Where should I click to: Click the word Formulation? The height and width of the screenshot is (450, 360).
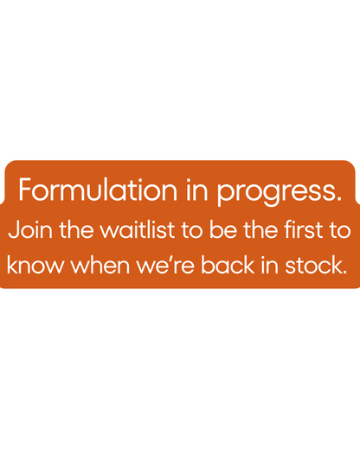98,190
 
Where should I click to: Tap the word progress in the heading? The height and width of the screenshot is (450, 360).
277,192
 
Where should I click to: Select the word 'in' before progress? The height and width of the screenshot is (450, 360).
197,190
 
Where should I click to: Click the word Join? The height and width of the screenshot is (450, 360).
30,229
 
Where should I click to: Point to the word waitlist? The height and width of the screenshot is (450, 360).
138,229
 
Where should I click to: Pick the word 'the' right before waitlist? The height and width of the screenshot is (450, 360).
76,229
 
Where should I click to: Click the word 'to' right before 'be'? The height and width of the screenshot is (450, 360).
192,230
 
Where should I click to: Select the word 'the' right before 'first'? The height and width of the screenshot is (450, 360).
260,229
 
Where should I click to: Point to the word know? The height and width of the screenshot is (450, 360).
35,265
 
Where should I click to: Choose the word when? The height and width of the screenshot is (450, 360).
100,265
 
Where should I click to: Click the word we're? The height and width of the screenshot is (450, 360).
165,265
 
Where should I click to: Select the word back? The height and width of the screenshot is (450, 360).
228,265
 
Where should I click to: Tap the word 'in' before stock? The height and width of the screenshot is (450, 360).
270,265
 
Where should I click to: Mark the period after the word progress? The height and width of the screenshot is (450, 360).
339,198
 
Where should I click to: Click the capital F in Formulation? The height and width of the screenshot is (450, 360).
24,190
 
